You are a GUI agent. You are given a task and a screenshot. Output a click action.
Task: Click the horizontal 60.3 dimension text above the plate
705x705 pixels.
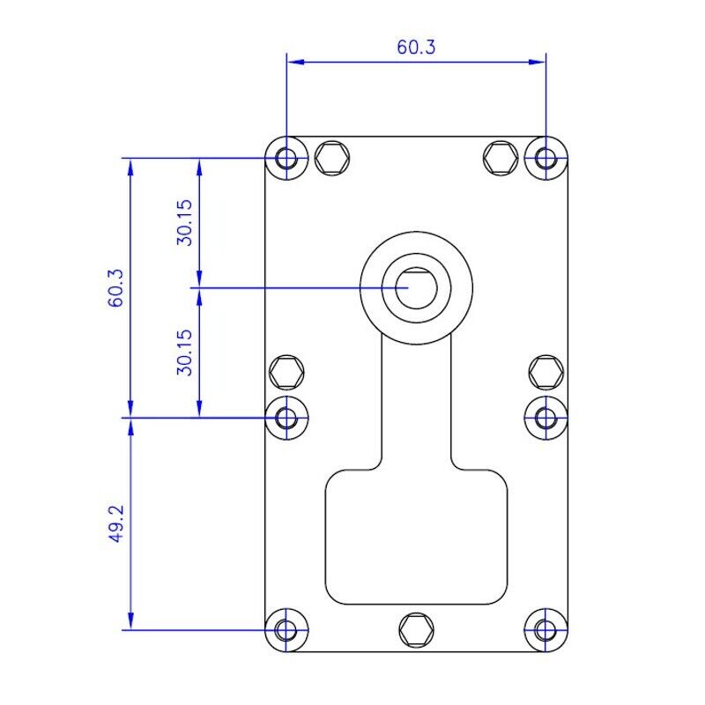pos(416,48)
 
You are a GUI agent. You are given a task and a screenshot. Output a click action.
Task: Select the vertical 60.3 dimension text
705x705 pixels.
pos(115,287)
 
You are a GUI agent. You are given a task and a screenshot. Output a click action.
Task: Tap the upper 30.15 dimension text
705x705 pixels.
pos(184,222)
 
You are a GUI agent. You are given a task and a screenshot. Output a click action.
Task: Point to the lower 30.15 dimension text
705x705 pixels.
pos(184,352)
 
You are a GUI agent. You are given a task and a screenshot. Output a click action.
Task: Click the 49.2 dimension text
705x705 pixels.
pos(115,523)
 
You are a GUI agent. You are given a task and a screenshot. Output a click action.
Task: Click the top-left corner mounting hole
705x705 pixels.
pos(286,159)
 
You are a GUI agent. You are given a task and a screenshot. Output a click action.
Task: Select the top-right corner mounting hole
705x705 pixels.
pos(545,159)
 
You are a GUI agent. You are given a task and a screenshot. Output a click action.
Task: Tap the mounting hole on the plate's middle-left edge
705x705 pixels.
pos(286,417)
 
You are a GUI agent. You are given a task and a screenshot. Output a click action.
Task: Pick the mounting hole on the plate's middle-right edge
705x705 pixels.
pos(545,417)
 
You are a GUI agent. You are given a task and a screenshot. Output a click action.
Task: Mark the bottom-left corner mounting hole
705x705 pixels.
pos(286,630)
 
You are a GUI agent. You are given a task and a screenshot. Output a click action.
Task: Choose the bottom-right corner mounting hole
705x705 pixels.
pos(545,630)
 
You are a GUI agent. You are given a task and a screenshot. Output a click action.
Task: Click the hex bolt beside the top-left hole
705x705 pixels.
pos(331,159)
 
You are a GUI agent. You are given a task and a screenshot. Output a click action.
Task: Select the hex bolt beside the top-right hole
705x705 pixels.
pos(501,159)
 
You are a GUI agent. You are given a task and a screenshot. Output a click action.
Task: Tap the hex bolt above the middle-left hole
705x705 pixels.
pos(286,372)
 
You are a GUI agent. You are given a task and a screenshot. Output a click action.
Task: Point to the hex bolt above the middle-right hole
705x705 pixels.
pos(546,372)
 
